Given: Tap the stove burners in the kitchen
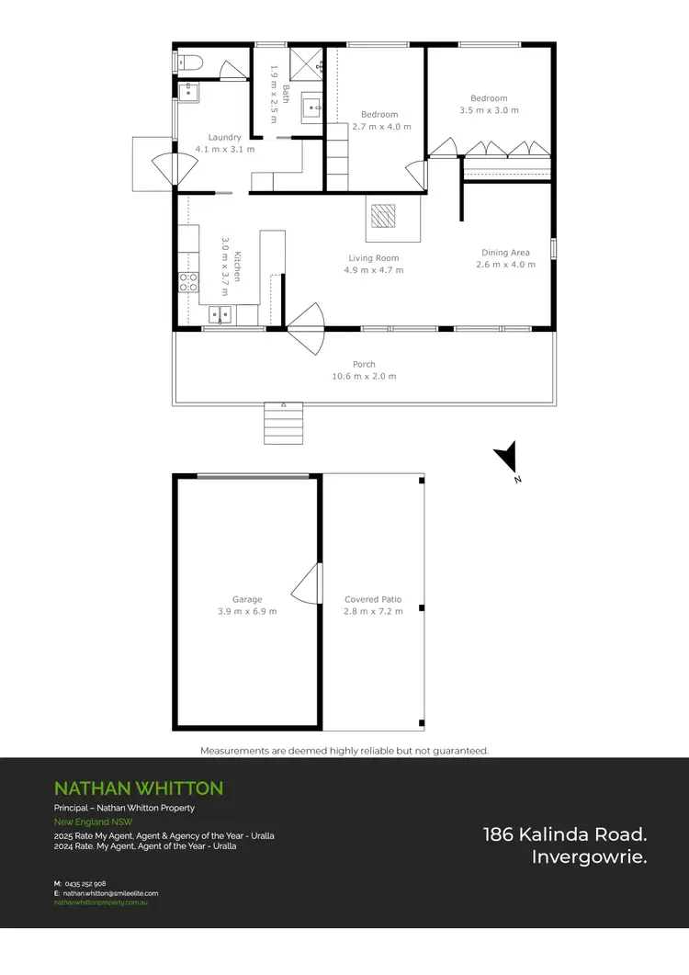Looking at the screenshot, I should (188, 282).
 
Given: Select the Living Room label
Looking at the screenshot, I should (374, 258).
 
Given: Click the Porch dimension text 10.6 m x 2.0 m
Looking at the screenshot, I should (364, 377).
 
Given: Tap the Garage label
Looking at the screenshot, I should (246, 600).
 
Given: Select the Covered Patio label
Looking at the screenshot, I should (373, 600).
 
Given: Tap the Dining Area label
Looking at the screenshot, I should (505, 253).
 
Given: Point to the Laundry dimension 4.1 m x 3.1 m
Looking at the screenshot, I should (225, 149).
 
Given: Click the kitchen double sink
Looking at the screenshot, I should (220, 315).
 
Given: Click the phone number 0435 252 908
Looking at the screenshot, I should (86, 883).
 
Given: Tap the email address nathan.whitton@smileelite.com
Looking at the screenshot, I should (110, 893).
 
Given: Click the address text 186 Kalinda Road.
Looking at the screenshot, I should (565, 834).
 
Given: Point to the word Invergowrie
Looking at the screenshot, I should (589, 857).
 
